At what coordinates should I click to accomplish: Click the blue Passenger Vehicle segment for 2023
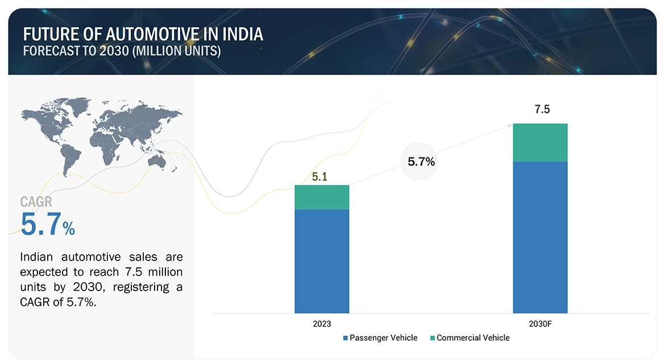click(x=322, y=261)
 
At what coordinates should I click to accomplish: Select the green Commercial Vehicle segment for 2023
click(x=322, y=197)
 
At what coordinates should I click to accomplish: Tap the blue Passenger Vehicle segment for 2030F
click(x=540, y=237)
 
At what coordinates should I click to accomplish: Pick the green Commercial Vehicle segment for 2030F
click(x=540, y=142)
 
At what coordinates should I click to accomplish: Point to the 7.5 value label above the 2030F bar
click(x=542, y=109)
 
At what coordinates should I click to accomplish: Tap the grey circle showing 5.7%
click(x=421, y=162)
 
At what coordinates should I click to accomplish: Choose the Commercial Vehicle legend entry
click(x=472, y=338)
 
